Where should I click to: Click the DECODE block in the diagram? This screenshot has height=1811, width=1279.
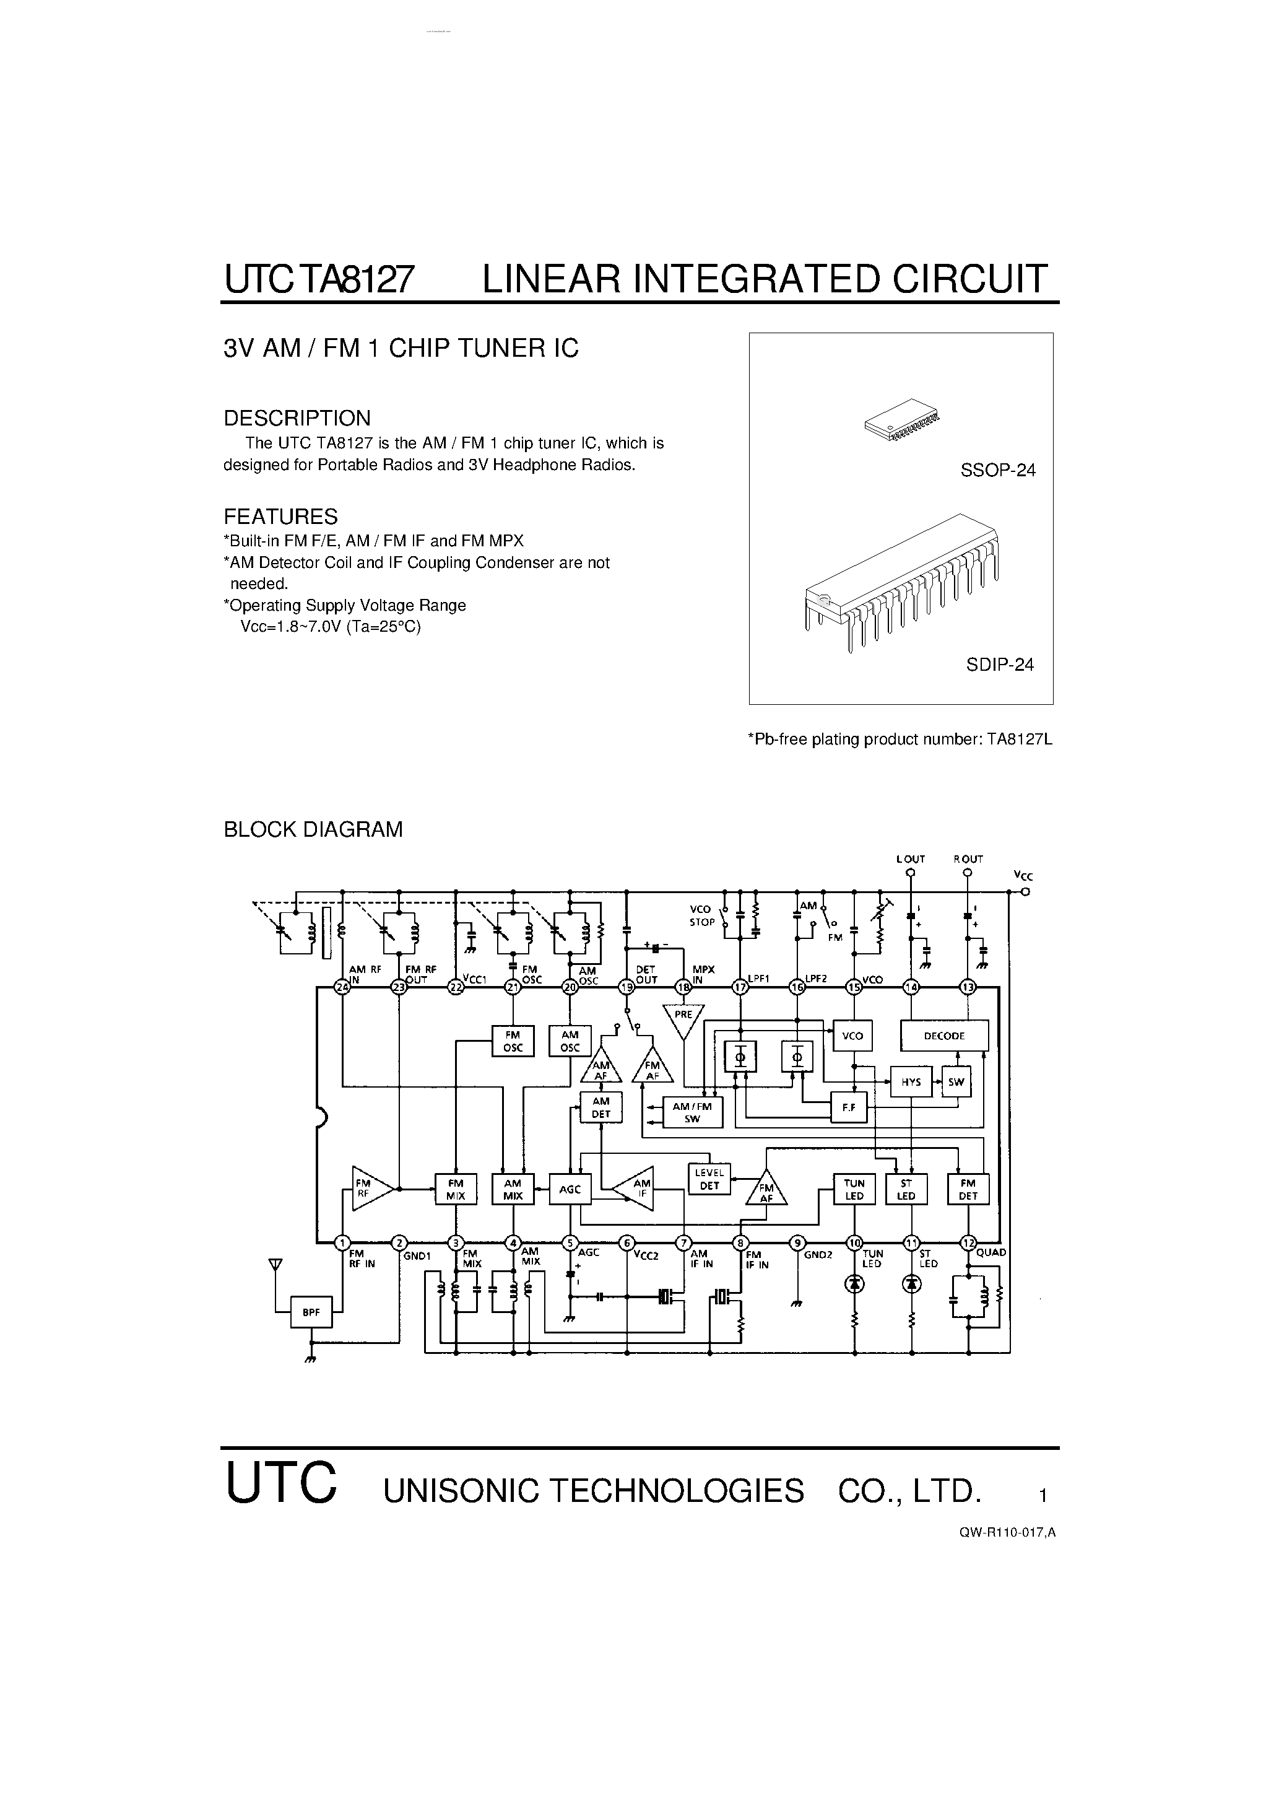944,1036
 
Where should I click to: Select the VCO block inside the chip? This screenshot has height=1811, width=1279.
852,1036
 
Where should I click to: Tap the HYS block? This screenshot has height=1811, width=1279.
911,1082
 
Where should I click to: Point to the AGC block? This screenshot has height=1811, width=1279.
570,1189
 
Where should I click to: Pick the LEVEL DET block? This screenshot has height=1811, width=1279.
709,1179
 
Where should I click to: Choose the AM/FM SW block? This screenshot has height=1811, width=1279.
692,1112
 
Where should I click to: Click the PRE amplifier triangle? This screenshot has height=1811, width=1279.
683,1018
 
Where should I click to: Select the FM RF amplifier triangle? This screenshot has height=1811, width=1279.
369,1188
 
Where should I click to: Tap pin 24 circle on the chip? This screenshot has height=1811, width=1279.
342,987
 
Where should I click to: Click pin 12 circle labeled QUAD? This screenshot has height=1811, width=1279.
968,1243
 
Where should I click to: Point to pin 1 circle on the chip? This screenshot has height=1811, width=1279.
342,1243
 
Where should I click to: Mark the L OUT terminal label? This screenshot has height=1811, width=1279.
910,859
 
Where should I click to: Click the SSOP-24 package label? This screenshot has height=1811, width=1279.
997,470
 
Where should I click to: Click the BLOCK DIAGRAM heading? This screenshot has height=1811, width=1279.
313,830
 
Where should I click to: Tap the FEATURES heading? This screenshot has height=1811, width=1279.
280,517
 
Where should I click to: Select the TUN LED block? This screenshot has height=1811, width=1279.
854,1189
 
